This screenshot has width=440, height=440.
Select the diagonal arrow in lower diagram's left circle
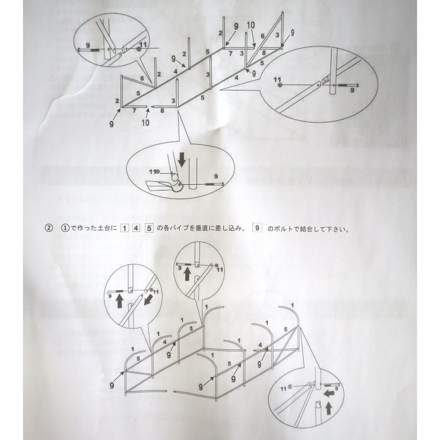coord(146,298)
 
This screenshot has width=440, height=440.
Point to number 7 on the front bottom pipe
coord(134,111)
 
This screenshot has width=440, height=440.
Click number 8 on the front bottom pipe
coord(162,111)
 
